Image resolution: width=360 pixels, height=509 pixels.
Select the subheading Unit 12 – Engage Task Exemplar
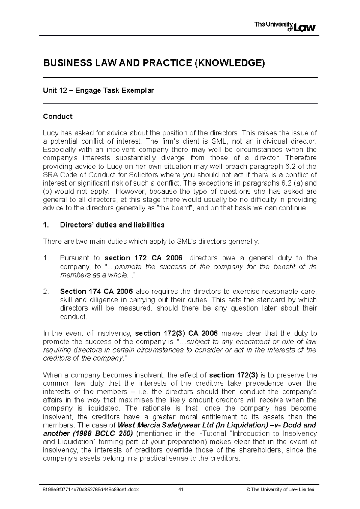(99, 90)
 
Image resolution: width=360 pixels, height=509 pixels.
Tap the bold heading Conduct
(58, 116)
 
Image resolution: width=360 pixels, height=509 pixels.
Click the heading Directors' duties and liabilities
(112, 225)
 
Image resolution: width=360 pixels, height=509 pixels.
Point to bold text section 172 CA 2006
(143, 258)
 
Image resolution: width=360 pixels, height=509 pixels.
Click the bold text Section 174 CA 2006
(97, 291)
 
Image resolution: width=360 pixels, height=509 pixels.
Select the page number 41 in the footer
(181, 490)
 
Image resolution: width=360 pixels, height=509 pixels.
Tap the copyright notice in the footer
(280, 490)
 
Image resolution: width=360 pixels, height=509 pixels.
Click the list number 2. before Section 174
(46, 291)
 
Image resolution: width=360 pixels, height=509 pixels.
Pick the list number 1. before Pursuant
(46, 258)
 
